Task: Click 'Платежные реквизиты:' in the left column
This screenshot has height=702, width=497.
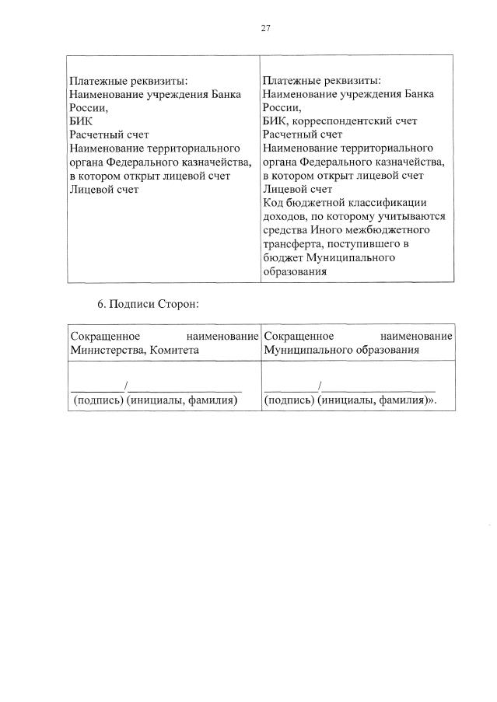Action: tap(128, 80)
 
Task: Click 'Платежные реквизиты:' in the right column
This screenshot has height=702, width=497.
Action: tap(321, 80)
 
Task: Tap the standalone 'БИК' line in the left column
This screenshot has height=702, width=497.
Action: tap(80, 120)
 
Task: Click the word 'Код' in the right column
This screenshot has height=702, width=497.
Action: tap(274, 203)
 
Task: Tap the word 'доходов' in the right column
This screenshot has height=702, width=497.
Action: tap(285, 216)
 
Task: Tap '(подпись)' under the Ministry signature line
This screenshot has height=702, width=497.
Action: tap(97, 400)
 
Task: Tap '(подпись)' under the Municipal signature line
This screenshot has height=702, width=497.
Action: tap(289, 400)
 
